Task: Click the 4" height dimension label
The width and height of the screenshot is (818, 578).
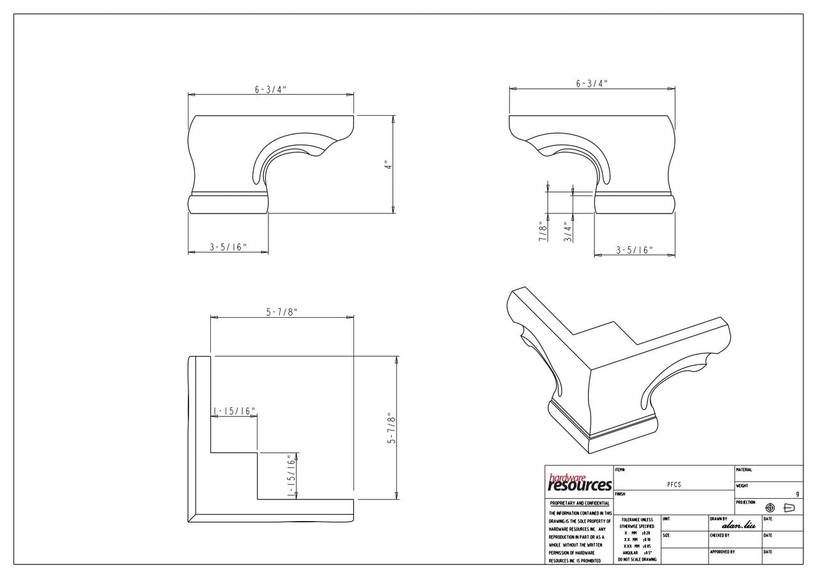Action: pyautogui.click(x=387, y=165)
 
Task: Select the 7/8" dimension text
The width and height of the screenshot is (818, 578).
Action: pyautogui.click(x=543, y=231)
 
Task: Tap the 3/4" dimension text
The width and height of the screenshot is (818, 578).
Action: pyautogui.click(x=567, y=231)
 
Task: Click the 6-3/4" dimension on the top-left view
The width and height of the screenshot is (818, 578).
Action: pyautogui.click(x=270, y=89)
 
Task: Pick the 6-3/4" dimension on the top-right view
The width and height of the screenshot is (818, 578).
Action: pyautogui.click(x=592, y=83)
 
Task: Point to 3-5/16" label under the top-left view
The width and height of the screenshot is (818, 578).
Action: pyautogui.click(x=228, y=247)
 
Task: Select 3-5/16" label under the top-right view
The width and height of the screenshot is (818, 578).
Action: pyautogui.click(x=634, y=250)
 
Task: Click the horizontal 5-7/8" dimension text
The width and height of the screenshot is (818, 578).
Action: pyautogui.click(x=282, y=311)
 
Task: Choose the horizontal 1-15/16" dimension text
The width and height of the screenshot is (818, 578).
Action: pyautogui.click(x=234, y=411)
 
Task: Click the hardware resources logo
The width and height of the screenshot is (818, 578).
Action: pyautogui.click(x=580, y=483)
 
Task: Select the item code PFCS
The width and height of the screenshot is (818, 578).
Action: pyautogui.click(x=674, y=485)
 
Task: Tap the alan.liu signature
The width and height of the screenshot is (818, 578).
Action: pyautogui.click(x=738, y=525)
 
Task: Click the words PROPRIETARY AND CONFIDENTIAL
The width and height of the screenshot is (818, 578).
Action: pyautogui.click(x=580, y=503)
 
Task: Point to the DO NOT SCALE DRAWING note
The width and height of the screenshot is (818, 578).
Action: pyautogui.click(x=637, y=559)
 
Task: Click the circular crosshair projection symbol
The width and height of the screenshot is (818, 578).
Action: pyautogui.click(x=770, y=508)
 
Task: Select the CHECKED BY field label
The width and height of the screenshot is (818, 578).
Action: pyautogui.click(x=720, y=535)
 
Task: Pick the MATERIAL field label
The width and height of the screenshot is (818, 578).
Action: pyautogui.click(x=745, y=470)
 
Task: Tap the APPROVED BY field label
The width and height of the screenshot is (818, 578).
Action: pyautogui.click(x=722, y=551)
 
